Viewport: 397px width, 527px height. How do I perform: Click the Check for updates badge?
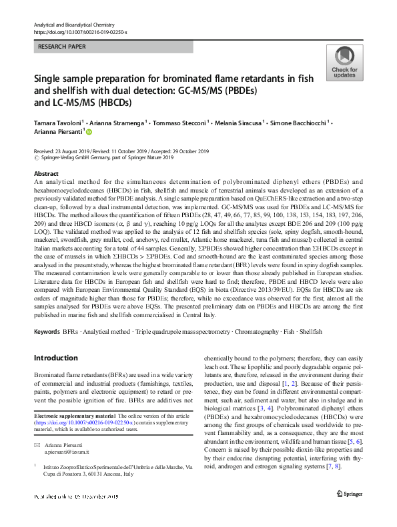coord(344,63)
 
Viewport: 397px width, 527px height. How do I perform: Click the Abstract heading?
coord(46,173)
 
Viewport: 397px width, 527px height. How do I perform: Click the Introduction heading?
coord(56,358)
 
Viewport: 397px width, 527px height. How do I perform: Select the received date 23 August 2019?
coord(71,152)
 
